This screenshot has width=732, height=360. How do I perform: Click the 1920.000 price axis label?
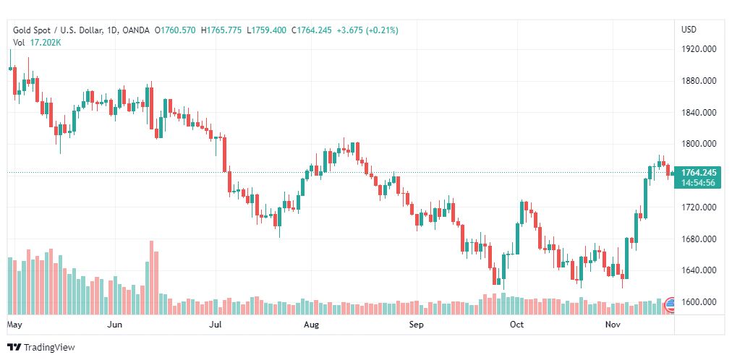(699, 49)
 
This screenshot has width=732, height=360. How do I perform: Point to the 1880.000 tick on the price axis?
(699, 81)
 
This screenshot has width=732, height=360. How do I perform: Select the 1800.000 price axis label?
(699, 144)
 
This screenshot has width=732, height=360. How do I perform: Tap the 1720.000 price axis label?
(699, 207)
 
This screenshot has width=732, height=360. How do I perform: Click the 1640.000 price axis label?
(699, 270)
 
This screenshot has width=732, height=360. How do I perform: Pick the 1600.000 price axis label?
(699, 302)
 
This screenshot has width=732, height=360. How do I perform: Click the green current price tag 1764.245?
(699, 172)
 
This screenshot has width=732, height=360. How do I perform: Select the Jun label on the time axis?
(114, 325)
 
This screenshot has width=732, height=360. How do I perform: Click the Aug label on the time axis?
(311, 325)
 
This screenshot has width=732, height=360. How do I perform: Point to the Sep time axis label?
(416, 325)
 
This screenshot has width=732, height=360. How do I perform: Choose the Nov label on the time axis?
(613, 325)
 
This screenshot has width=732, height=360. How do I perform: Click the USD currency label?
(689, 30)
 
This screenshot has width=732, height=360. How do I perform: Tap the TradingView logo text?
(49, 348)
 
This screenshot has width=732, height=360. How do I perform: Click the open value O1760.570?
(175, 30)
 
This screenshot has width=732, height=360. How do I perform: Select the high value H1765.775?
(222, 30)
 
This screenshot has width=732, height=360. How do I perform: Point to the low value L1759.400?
(267, 30)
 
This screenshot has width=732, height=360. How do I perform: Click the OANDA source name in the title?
(136, 30)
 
